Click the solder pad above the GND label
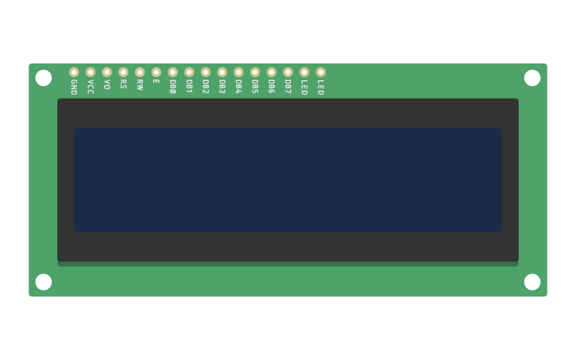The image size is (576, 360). (x=74, y=72)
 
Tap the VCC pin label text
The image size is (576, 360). (x=91, y=86)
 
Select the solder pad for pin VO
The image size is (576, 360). (x=107, y=72)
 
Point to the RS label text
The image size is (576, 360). (x=123, y=83)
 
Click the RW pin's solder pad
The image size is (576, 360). (x=140, y=72)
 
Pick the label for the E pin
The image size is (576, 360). (x=157, y=81)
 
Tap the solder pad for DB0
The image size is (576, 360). (x=172, y=72)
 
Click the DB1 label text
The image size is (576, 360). (x=189, y=86)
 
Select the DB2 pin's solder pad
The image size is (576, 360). (x=206, y=72)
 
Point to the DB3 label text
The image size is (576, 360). (x=222, y=86)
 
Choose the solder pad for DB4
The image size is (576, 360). (x=238, y=72)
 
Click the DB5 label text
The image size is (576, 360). (x=255, y=86)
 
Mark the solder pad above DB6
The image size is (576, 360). (x=272, y=72)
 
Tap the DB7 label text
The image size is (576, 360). (x=288, y=86)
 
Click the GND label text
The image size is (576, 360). (x=74, y=87)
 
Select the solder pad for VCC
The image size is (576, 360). (x=91, y=72)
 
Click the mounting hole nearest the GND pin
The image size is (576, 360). (x=44, y=78)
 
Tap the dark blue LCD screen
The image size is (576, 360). (x=288, y=180)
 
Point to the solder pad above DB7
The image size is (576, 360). (x=288, y=72)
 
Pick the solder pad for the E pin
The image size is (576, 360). (x=157, y=72)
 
